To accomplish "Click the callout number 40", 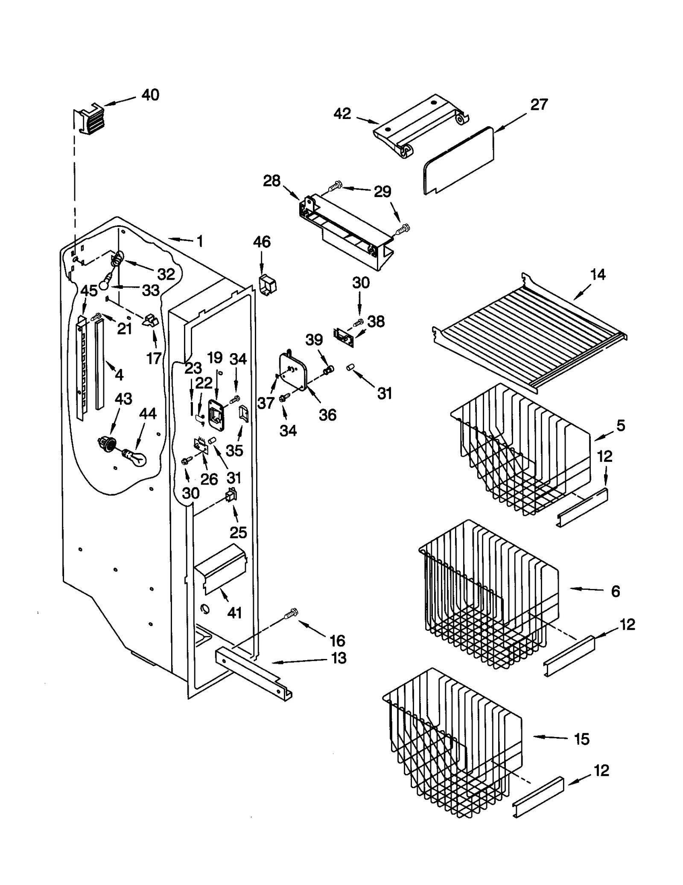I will coord(150,95).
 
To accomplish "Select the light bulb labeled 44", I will coord(136,458).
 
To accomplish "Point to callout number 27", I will coord(539,104).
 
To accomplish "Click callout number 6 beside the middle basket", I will coord(615,591).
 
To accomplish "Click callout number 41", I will coord(234,613).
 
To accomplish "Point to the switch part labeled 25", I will coord(231,496).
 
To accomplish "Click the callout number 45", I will coord(89,291).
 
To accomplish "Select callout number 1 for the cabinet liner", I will coord(200,241).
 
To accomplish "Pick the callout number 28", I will coord(271,181).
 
